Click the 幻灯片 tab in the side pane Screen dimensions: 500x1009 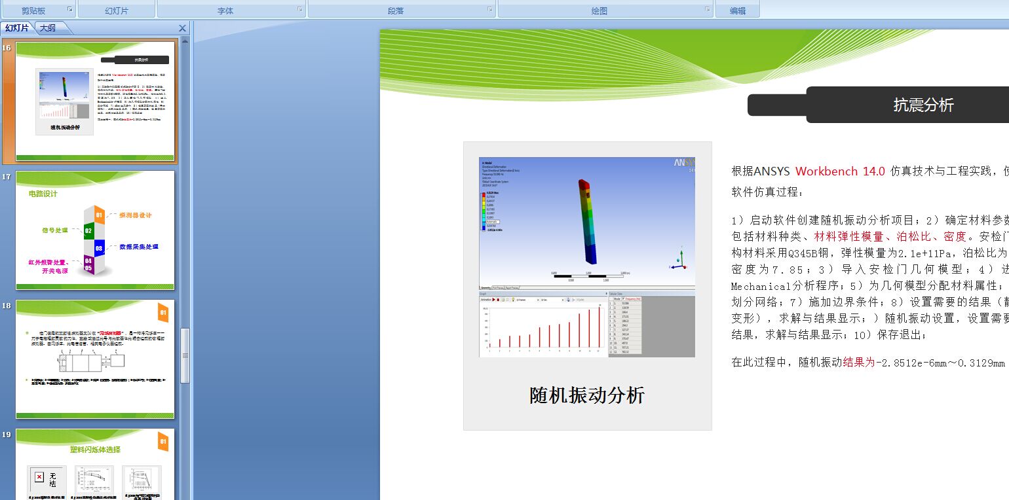[17, 27]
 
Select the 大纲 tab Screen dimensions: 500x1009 [47, 27]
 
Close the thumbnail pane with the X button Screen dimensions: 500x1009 [183, 28]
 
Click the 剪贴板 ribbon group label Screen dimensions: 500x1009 [34, 10]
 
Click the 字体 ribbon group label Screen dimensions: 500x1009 [225, 10]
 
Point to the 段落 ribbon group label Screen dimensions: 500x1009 [396, 10]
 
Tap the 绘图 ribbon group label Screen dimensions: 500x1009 [599, 10]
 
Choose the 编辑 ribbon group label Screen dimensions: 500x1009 [738, 10]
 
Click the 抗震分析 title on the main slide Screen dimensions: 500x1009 [923, 105]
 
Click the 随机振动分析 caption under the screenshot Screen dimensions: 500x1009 [587, 395]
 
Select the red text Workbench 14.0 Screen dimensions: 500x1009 [840, 171]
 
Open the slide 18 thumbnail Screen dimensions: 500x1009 [95, 359]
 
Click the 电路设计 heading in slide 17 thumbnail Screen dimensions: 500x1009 [43, 194]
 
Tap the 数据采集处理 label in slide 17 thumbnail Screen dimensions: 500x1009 [138, 247]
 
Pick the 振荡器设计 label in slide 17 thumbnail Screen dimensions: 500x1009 [136, 215]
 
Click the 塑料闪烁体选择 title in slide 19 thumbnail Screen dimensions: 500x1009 [95, 450]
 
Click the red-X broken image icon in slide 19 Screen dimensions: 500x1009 [39, 477]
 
